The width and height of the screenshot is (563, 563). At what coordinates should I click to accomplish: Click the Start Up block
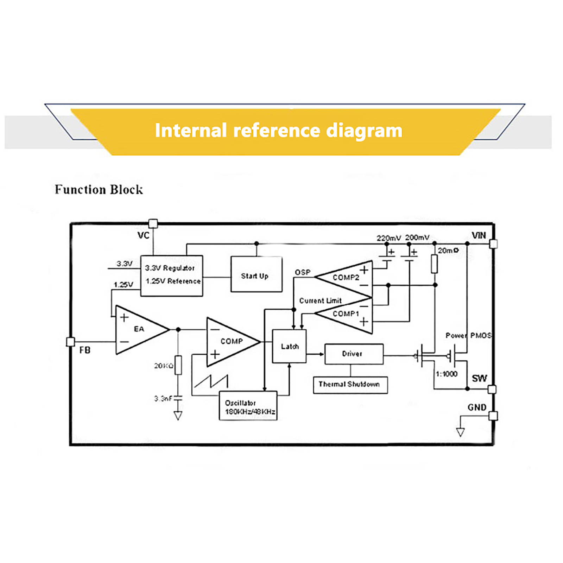tap(256, 274)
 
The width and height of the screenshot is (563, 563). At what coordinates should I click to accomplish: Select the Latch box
tap(289, 346)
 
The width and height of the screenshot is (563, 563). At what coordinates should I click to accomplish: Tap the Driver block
tap(354, 354)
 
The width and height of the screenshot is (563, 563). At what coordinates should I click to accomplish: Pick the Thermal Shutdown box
tap(350, 385)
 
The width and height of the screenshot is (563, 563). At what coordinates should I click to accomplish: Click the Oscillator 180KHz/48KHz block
tap(248, 406)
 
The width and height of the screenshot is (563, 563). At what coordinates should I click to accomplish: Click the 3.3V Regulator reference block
tap(171, 276)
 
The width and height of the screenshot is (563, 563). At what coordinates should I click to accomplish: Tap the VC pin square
tap(153, 223)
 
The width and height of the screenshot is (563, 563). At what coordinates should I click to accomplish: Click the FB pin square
tap(70, 342)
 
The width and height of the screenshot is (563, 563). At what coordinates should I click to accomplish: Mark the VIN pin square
tap(493, 243)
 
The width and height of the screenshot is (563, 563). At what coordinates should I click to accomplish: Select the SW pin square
tap(492, 389)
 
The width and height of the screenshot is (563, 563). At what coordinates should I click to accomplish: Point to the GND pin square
tap(493, 416)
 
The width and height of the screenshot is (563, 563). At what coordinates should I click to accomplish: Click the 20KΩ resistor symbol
tap(178, 365)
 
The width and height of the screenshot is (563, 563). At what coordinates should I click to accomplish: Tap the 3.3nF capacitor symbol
tap(178, 398)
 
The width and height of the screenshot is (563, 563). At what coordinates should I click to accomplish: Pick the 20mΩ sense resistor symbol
tap(435, 264)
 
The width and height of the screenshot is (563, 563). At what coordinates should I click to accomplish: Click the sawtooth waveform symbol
tap(211, 381)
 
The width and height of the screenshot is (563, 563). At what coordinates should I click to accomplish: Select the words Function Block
tap(99, 190)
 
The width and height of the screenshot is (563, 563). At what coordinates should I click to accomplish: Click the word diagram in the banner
tap(364, 131)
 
